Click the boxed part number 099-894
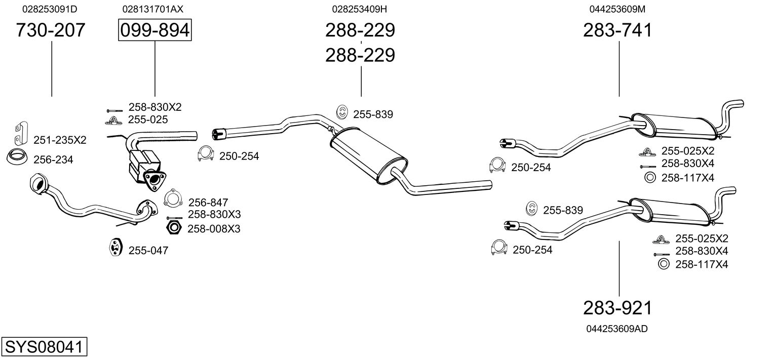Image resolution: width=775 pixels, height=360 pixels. coord(154,30)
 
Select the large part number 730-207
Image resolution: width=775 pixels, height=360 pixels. coord(51,30)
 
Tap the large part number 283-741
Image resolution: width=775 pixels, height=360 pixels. coord(617,30)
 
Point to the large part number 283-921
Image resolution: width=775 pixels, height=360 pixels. coord(617,308)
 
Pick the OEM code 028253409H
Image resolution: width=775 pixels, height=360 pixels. coord(360,9)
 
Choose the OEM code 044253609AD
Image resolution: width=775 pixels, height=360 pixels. coord(616,329)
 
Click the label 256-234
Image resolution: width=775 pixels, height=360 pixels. coord(53,160)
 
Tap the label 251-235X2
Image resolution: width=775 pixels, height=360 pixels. coord(60,140)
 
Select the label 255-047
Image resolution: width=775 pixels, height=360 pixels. coord(148,250)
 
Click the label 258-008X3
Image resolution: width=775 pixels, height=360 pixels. coord(214,229)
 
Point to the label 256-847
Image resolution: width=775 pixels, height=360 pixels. coord(208,203)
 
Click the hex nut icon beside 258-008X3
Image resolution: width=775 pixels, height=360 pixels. coord(174,228)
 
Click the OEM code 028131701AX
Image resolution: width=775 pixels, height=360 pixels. coord(152,9)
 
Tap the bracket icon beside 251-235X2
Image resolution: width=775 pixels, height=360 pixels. coord(19,132)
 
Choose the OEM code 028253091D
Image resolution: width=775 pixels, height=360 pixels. coord(50,9)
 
